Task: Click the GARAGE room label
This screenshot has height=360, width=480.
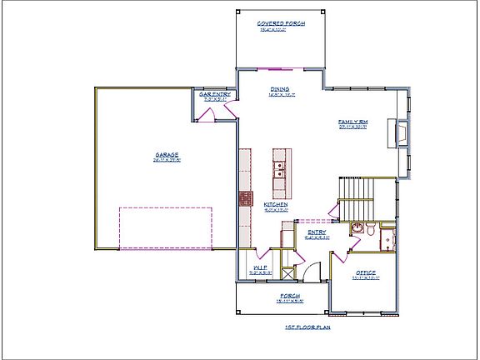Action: click(x=167, y=154)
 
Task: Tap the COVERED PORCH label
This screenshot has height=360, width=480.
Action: click(x=280, y=23)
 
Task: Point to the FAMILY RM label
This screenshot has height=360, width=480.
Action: click(x=352, y=122)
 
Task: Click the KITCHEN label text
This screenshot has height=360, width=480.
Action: click(x=276, y=204)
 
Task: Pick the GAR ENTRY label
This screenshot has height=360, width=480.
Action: click(x=214, y=96)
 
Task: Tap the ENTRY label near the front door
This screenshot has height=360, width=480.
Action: click(x=317, y=232)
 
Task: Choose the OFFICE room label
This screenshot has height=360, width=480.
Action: click(x=364, y=272)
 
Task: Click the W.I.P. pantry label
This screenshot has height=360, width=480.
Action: click(x=259, y=267)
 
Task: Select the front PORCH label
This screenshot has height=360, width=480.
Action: click(x=289, y=296)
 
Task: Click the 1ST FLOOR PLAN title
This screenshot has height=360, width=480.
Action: click(x=307, y=327)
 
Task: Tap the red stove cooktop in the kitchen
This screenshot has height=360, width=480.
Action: click(x=246, y=198)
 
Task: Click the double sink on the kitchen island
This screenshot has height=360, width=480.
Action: click(x=281, y=170)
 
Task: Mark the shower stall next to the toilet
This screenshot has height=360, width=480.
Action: click(x=387, y=241)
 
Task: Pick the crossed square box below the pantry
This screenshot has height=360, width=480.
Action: click(x=288, y=272)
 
